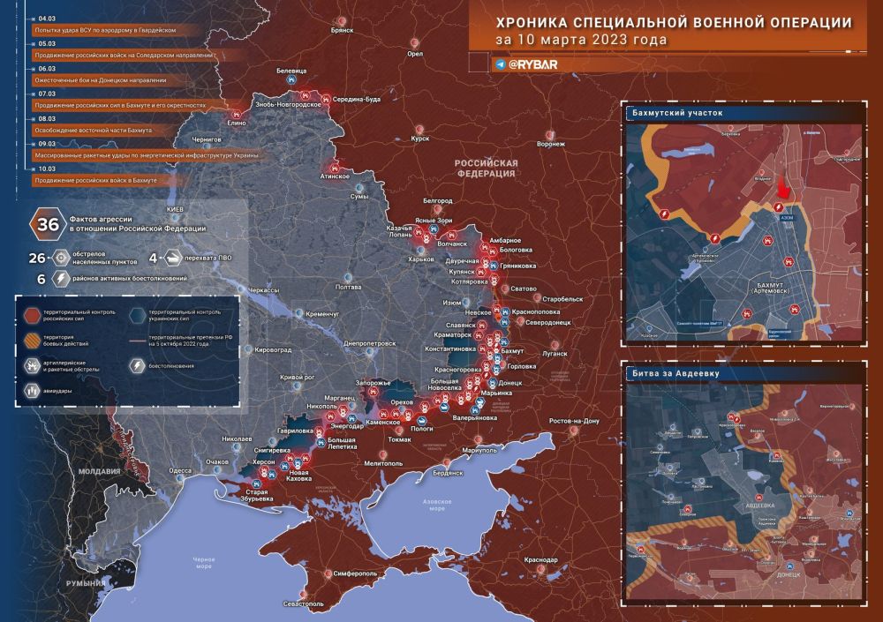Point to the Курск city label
click(x=420, y=139)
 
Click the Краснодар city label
click(x=540, y=560)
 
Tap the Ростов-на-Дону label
click(x=574, y=421)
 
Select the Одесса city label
click(x=180, y=471)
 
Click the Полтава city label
click(x=350, y=288)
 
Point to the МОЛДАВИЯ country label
click(x=99, y=471)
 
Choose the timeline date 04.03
click(x=46, y=17)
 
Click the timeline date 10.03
click(x=46, y=167)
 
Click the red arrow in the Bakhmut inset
click(x=781, y=189)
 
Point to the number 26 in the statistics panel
click(x=36, y=259)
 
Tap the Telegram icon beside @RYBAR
click(x=501, y=64)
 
